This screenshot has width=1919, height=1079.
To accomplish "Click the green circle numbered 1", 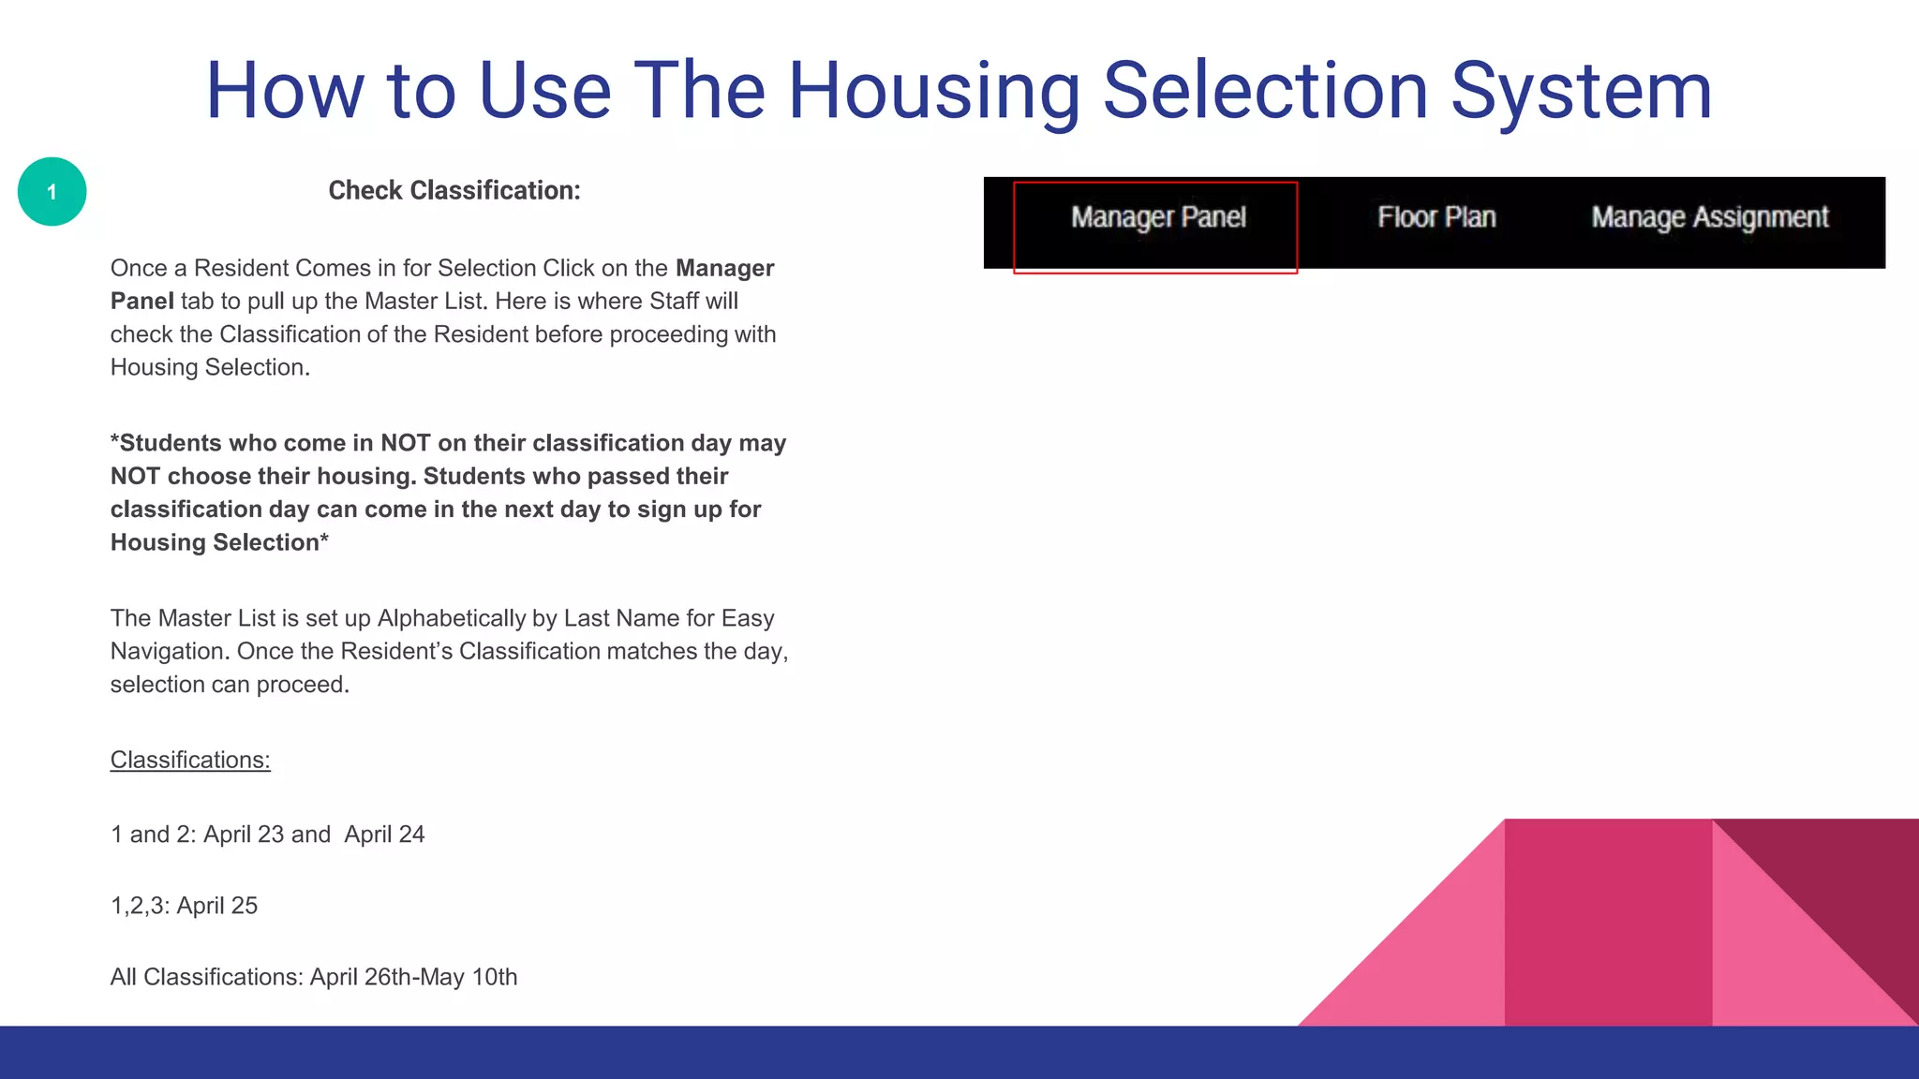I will [52, 192].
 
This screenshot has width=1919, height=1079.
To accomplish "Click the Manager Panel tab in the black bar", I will [1158, 218].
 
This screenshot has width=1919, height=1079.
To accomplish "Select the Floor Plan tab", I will [1436, 218].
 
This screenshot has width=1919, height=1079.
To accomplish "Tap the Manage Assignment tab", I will [1709, 218].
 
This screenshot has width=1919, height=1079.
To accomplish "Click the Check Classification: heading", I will [454, 191].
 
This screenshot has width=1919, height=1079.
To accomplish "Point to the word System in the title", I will [1582, 91].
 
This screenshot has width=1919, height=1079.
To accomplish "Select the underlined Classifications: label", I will [190, 760].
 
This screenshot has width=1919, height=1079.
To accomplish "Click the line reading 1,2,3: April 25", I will [184, 906].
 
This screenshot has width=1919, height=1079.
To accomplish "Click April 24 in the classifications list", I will [384, 835].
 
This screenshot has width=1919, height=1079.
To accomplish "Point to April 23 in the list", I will [244, 835].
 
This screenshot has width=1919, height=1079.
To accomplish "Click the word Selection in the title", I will [1265, 91].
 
